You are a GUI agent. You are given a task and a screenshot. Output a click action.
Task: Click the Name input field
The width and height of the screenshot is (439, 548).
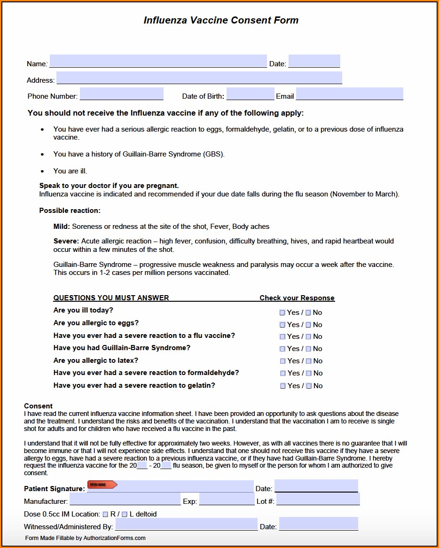pos(158,61)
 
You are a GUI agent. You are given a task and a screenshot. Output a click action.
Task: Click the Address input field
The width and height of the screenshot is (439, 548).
pos(199,78)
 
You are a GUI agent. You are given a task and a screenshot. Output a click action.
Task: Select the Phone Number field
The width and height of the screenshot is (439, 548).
pos(122,94)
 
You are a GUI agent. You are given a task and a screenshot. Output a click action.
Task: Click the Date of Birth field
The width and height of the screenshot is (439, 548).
pos(250,94)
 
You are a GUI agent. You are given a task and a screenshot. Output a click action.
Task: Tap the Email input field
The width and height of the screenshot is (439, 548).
pos(349,94)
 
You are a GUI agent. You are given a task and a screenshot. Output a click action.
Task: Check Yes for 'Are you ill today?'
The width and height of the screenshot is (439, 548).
pos(282,313)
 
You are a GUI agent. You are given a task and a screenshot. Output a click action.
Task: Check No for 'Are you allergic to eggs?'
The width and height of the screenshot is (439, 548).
pos(308,325)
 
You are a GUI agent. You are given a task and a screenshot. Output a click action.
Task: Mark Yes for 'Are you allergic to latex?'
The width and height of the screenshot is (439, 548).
pos(283,361)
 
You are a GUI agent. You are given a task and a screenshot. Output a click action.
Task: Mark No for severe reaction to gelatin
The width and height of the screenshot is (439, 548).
pos(309,386)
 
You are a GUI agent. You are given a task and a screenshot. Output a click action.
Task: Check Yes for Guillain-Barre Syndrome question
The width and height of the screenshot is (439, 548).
pos(282,349)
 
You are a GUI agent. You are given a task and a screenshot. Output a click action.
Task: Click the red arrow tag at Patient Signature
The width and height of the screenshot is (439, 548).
pos(102,485)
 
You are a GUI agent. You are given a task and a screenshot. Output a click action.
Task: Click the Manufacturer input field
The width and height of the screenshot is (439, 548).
pos(125,499)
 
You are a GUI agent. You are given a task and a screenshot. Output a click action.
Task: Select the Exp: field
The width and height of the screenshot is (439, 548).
pos(227,499)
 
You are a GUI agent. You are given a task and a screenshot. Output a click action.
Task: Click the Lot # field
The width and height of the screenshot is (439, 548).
pos(318,499)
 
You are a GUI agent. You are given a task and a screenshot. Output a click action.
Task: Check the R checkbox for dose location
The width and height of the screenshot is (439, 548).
pos(105,514)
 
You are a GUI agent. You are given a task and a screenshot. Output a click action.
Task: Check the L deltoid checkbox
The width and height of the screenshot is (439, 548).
pos(125,514)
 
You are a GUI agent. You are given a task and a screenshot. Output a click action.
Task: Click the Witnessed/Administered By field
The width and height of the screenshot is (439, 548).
pos(186,524)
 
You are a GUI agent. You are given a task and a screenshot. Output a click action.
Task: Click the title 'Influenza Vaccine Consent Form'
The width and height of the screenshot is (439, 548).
pos(221,20)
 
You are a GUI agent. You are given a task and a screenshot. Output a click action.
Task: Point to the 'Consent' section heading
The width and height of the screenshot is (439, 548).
pos(39,406)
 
